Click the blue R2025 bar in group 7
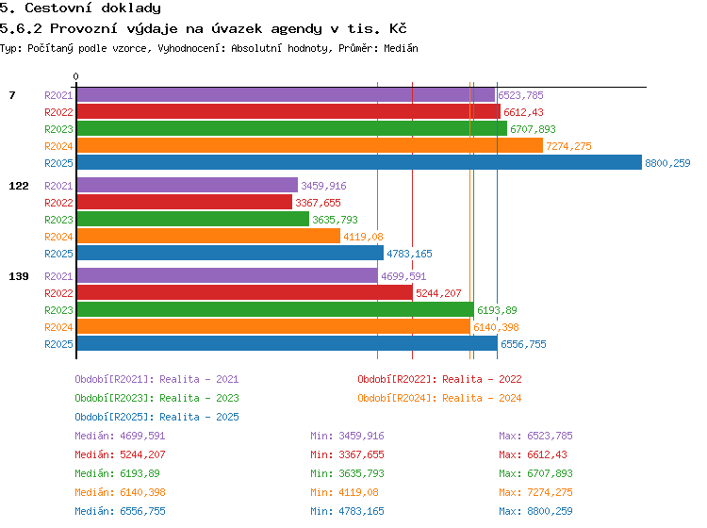(359, 162)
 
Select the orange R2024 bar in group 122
(208, 236)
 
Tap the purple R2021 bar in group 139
(227, 275)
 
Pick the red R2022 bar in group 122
(185, 202)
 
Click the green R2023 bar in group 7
(291, 128)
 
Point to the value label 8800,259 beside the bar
(667, 163)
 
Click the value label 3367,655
(318, 203)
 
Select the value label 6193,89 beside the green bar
(497, 310)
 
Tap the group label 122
(19, 186)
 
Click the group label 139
(19, 276)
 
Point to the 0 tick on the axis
(75, 76)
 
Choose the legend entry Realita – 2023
(199, 398)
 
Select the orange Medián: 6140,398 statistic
(120, 492)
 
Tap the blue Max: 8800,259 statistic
(535, 511)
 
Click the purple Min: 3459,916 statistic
(347, 436)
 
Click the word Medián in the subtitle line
(401, 48)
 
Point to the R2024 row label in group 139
(58, 327)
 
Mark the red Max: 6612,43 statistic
(533, 455)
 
